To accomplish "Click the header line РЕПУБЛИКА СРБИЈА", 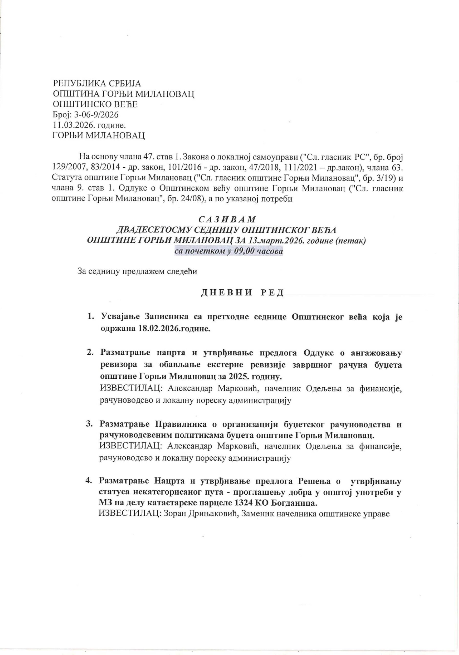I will click(97, 83).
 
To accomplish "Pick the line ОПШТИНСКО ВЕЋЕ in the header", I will click(95, 104).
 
